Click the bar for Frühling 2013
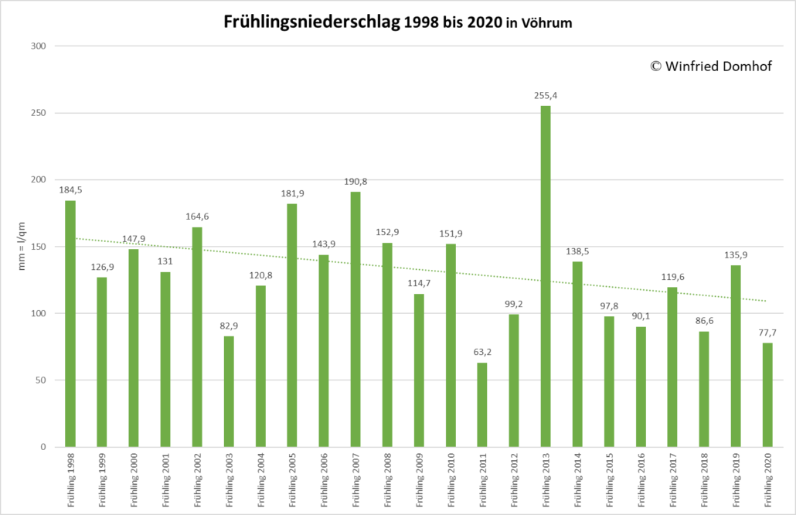tap(546, 276)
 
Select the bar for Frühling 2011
tap(482, 404)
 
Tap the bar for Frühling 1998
tap(70, 323)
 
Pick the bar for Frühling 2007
tap(355, 319)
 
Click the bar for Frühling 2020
tap(767, 395)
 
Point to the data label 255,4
tap(546, 95)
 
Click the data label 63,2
tap(482, 352)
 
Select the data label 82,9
tap(229, 326)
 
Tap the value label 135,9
tap(736, 255)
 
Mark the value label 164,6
tap(197, 217)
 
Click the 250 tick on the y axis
tap(39, 113)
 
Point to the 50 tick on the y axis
tap(41, 380)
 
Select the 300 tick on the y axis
tap(39, 46)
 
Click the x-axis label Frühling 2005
tap(292, 480)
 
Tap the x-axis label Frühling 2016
tap(641, 480)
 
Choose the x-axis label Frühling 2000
tap(134, 480)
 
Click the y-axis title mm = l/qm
tap(22, 246)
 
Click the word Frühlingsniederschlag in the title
tap(312, 22)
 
